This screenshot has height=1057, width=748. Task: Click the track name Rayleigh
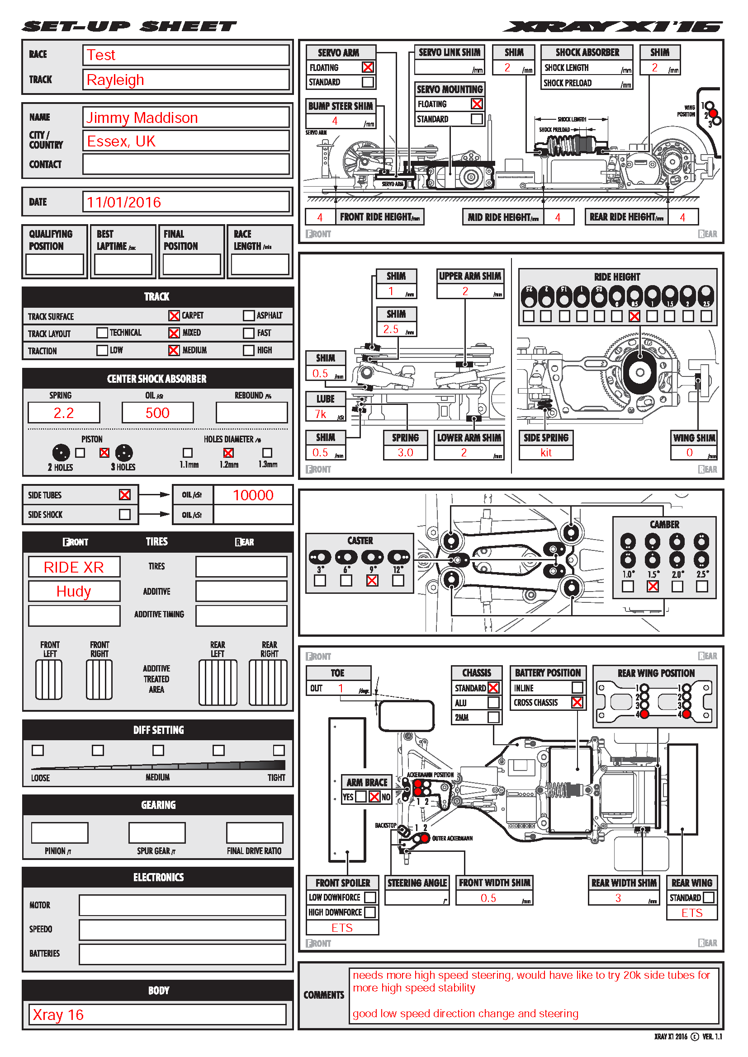[115, 80]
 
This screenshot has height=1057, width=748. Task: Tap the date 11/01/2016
[124, 202]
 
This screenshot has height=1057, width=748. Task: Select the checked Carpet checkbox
[174, 316]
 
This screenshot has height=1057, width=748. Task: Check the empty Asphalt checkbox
[249, 316]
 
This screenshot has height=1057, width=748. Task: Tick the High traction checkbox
[249, 350]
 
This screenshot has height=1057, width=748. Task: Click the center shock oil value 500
[157, 413]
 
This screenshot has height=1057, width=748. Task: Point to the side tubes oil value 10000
[253, 495]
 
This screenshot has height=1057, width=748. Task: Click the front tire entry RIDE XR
[74, 567]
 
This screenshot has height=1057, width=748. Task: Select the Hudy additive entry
[74, 592]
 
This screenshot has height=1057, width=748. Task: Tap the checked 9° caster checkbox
[372, 581]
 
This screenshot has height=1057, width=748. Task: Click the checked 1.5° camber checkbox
[653, 587]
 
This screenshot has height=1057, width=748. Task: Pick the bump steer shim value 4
[335, 121]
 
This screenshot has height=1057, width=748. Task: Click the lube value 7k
[321, 414]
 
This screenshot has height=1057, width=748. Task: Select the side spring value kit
[546, 453]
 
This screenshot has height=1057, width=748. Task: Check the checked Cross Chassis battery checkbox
[577, 703]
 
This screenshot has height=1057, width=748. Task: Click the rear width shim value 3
[618, 898]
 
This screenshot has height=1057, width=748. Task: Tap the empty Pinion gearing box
[59, 833]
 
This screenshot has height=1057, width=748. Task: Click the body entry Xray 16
[58, 1015]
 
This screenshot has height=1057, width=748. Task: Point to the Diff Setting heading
[158, 730]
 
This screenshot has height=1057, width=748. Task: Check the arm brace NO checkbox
[374, 797]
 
